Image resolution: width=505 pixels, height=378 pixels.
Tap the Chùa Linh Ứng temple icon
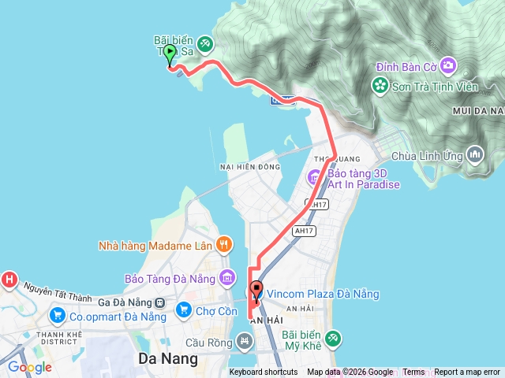(476, 154)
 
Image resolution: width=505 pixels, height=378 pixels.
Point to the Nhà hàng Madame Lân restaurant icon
(224, 245)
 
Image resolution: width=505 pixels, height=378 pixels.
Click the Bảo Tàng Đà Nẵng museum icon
(228, 277)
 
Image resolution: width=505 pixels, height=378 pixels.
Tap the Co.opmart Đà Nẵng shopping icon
(57, 316)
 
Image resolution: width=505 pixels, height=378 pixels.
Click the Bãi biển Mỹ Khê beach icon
(333, 339)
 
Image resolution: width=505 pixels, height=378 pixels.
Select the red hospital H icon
(9, 279)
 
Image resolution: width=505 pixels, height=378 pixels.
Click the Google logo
(29, 367)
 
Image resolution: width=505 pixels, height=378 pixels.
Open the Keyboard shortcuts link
(264, 372)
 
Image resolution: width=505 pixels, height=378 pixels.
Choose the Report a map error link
(467, 372)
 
